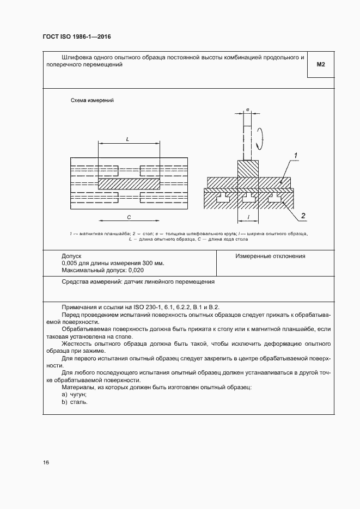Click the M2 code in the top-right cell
click(x=320, y=65)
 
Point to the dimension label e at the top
click(x=248, y=110)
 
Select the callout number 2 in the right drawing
click(x=303, y=216)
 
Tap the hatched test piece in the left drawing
click(x=129, y=184)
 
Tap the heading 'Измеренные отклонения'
click(x=270, y=256)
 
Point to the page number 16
click(x=46, y=463)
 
